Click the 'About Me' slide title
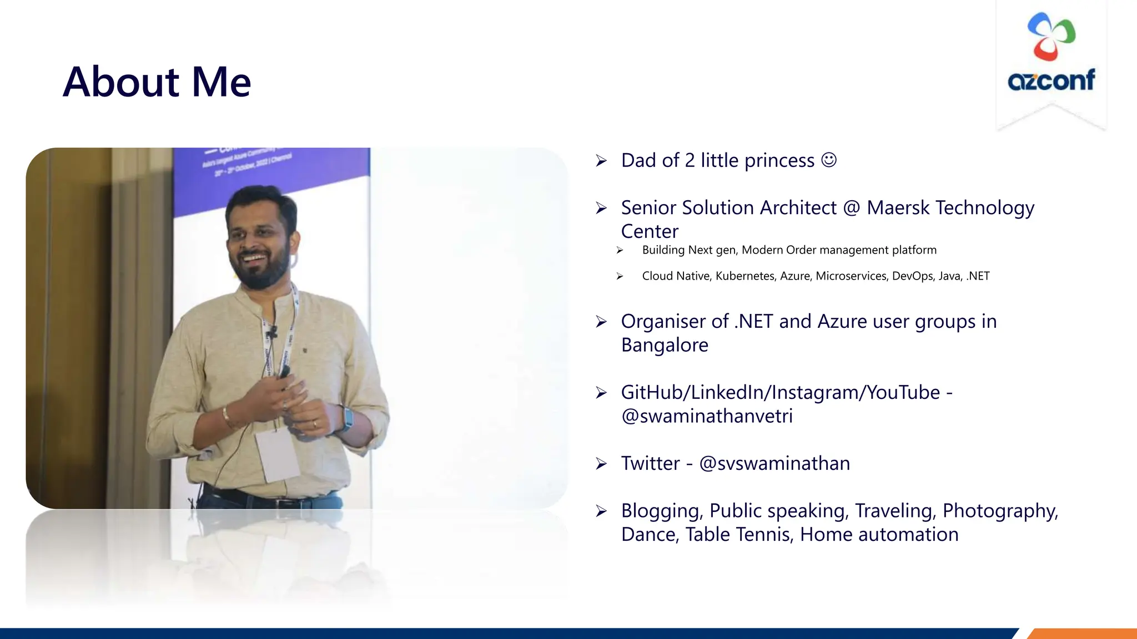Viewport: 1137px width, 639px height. [x=157, y=82]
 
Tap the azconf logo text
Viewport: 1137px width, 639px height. [x=1051, y=80]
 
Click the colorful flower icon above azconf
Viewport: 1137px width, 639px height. [x=1051, y=37]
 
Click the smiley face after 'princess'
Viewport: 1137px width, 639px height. [x=828, y=160]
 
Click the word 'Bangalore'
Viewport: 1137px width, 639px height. [x=665, y=346]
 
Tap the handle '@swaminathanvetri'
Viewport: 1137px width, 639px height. [x=707, y=416]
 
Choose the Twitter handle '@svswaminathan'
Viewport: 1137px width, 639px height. [x=774, y=464]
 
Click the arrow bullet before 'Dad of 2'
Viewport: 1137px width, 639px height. [x=601, y=161]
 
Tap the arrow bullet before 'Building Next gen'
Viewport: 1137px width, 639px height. [x=620, y=251]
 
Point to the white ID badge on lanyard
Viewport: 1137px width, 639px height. [x=276, y=454]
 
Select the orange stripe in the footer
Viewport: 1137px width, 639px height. [x=1083, y=633]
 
